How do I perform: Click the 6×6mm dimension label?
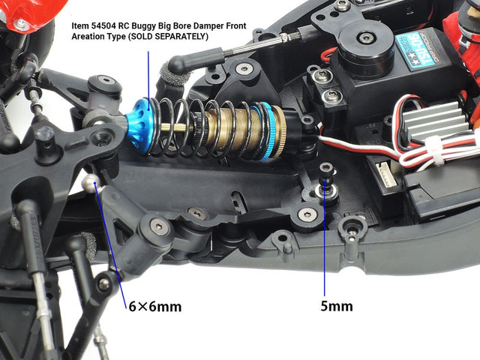(x=155, y=307)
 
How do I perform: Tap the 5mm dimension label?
(x=337, y=306)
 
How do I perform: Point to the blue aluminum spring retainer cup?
(x=138, y=126)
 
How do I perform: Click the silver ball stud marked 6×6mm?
(x=91, y=183)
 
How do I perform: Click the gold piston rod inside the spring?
(x=173, y=127)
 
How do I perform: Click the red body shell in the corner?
(x=34, y=12)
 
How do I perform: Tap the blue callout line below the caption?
(x=148, y=80)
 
